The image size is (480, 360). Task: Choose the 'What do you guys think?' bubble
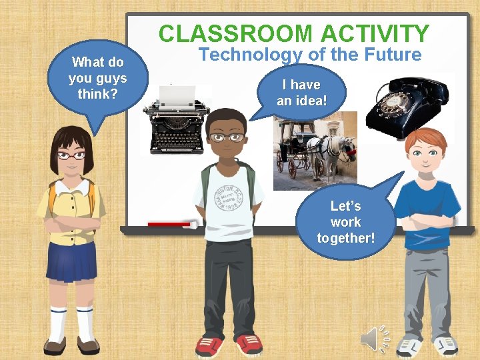(97, 79)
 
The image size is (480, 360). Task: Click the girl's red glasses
(71, 155)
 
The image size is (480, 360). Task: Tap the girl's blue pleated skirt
(70, 260)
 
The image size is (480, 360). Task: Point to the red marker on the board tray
(171, 225)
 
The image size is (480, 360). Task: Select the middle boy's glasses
(227, 138)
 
